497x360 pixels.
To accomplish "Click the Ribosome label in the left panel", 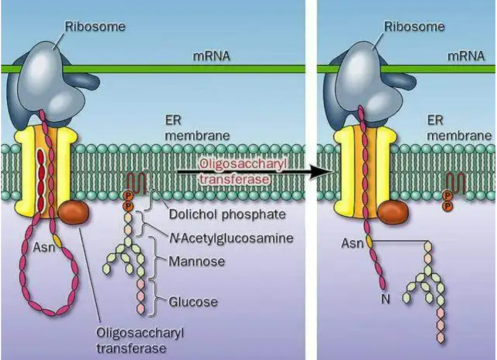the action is [x=95, y=26].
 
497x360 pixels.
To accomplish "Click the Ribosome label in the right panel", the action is [x=414, y=26].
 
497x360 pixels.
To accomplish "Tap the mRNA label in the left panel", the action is [x=212, y=56].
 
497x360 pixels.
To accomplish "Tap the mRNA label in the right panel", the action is [x=466, y=56].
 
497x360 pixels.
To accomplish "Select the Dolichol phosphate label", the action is [x=227, y=214].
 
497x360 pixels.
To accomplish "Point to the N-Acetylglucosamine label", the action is [x=232, y=238].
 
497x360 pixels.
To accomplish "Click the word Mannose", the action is [x=197, y=261].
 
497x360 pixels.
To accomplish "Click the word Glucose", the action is [x=193, y=301].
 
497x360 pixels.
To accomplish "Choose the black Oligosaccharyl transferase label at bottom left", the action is [x=140, y=341].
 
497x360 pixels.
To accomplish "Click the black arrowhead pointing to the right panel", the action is [x=321, y=172].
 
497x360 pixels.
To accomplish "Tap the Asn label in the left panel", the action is [x=44, y=248].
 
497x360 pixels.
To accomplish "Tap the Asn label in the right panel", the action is [x=352, y=243].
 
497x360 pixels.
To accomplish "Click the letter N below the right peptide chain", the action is [x=386, y=298].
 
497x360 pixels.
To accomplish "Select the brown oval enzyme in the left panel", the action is [x=74, y=213].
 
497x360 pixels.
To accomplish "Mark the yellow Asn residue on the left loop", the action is [x=57, y=240].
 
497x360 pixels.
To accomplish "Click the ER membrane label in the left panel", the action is [x=197, y=128].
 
